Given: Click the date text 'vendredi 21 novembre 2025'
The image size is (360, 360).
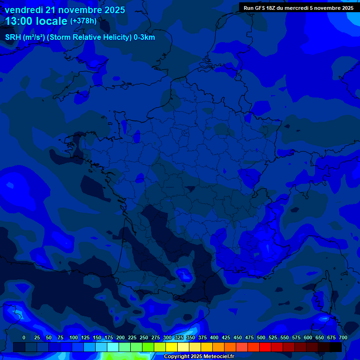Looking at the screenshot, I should click(65, 10).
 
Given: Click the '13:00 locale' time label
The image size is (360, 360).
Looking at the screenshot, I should click(36, 21).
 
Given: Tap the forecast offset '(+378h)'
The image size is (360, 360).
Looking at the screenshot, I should click(83, 21).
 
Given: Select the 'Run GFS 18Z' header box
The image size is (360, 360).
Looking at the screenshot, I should click(299, 7).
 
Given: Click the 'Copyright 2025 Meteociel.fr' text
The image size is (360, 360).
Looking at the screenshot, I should click(199, 357).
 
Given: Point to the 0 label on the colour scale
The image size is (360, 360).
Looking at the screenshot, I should click(24, 337).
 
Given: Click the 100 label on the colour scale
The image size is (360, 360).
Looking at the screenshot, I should click(74, 337).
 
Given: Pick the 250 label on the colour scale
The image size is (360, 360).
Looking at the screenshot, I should click(144, 337).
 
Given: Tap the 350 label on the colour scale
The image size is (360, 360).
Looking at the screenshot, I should click(191, 337).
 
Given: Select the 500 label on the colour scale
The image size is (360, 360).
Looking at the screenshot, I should click(261, 337).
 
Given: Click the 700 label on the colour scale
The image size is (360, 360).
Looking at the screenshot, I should click(343, 337).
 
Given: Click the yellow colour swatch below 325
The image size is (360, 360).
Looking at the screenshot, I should click(172, 347).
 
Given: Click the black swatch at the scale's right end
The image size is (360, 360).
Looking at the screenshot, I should click(336, 347).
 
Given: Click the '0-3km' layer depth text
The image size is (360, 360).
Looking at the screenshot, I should click(144, 37).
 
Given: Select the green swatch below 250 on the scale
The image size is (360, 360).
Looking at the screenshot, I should click(136, 347).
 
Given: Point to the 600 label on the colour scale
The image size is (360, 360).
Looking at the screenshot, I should click(308, 337).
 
